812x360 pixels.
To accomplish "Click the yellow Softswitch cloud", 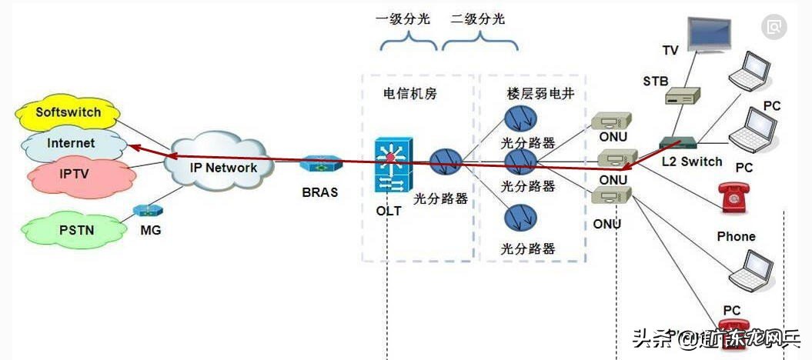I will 68,113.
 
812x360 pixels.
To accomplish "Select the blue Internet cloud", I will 71,143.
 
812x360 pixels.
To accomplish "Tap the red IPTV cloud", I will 74,174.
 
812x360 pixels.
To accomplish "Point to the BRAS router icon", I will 319,165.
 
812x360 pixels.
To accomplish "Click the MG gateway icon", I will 145,209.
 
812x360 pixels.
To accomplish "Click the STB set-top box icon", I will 683,96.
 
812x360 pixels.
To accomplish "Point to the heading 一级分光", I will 402,19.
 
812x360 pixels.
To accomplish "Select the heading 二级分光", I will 479,19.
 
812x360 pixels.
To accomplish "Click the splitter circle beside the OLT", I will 445,162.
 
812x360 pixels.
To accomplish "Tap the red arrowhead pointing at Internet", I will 133,146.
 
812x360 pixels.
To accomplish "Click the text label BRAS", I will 319,192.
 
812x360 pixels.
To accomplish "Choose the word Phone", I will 736,236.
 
